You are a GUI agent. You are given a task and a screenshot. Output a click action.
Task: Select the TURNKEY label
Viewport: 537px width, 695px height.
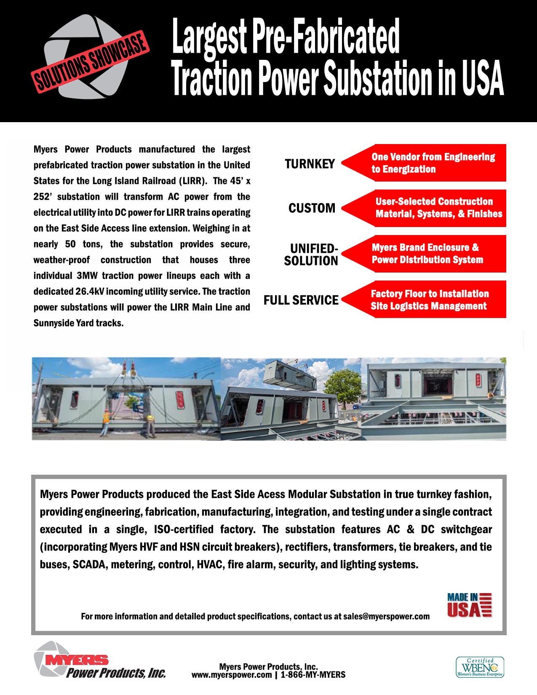click(310, 164)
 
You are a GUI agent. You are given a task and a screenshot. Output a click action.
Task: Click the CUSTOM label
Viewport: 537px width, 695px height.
click(312, 208)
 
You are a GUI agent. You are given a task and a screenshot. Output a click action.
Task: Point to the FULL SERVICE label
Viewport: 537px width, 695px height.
click(301, 300)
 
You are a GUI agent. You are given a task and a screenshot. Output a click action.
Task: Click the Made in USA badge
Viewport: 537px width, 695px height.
click(469, 605)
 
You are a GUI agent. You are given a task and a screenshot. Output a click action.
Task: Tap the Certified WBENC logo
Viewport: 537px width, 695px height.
click(480, 667)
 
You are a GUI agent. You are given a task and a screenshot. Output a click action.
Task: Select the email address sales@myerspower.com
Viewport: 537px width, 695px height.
click(386, 617)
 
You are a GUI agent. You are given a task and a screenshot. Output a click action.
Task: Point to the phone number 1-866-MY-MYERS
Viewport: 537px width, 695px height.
click(313, 675)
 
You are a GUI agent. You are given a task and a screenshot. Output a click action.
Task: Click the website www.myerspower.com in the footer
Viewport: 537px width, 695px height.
click(232, 675)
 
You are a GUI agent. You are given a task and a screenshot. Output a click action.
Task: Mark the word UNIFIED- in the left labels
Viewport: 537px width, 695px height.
click(314, 249)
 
